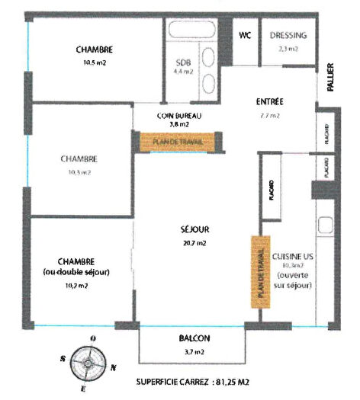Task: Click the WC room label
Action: (245, 35)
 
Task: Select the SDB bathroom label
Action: (183, 62)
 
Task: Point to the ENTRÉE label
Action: (269, 101)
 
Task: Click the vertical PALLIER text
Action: (330, 78)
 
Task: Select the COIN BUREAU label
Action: (178, 115)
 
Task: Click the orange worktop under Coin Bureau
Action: (178, 141)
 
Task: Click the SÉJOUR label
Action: (196, 229)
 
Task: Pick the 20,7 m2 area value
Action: (196, 243)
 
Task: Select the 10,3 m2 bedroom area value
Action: (79, 173)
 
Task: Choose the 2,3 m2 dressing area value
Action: (287, 48)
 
